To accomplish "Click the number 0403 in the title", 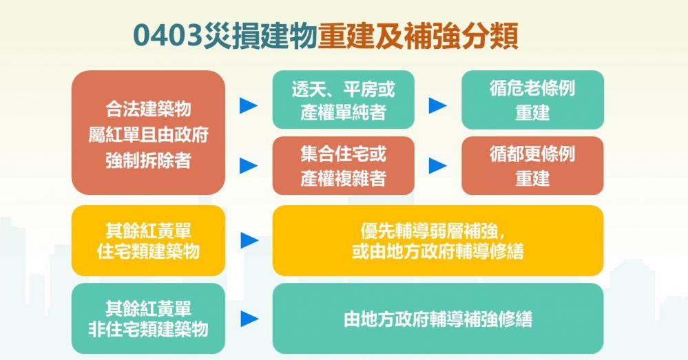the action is [x=167, y=36].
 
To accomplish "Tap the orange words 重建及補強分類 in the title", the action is [x=418, y=36].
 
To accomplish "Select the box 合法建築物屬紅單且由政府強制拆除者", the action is [x=148, y=132].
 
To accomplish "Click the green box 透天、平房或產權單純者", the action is [x=343, y=100].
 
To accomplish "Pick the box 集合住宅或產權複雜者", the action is [x=343, y=166].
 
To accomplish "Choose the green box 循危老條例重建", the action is [x=532, y=100].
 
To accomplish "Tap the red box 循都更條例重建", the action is [x=532, y=166].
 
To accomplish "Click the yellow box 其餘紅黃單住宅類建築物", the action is [x=148, y=240].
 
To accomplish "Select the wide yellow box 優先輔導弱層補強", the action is [x=438, y=240].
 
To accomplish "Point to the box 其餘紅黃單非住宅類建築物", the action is [x=148, y=318].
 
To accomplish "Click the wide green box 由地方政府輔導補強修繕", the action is [x=438, y=318].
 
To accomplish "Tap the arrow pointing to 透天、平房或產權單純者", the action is [x=249, y=106].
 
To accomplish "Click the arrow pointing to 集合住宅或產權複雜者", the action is [x=249, y=166].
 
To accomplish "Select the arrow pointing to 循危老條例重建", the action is [x=437, y=106].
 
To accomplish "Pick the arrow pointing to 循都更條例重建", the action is [x=437, y=166].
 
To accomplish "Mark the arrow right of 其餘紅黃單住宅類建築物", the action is [x=249, y=240].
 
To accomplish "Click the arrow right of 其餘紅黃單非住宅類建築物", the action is [x=249, y=319].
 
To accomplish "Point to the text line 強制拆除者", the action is [x=148, y=160].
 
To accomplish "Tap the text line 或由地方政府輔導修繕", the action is [x=438, y=251].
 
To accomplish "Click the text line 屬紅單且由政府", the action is [x=148, y=135].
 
